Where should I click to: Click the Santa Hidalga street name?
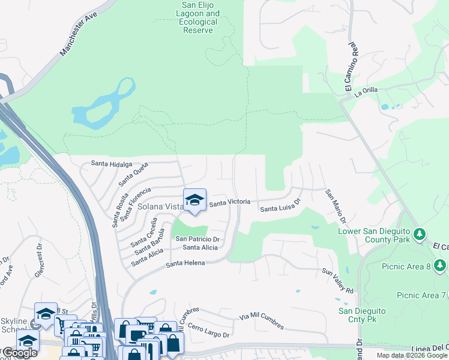point(111,163)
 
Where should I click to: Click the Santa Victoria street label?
point(229,203)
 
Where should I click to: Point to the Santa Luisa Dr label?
point(280,206)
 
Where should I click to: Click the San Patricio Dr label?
point(197,239)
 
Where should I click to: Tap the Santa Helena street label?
point(185,263)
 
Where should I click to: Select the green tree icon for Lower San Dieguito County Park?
point(420,233)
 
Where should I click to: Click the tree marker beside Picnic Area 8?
point(440,265)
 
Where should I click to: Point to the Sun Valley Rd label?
point(338,281)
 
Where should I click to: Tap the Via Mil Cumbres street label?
point(261,321)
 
